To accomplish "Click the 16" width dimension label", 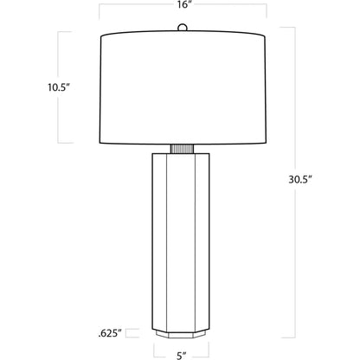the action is [x=183, y=5].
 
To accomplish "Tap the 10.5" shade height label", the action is [x=59, y=87].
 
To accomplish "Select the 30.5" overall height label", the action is [x=300, y=179].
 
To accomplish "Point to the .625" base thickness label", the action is [x=110, y=333].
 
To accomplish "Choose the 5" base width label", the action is [x=181, y=356].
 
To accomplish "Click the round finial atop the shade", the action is [x=183, y=28].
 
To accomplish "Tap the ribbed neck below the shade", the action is [x=182, y=149].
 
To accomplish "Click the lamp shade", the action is [x=183, y=87].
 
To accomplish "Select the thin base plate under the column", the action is [x=181, y=335].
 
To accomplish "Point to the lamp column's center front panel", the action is [x=181, y=243].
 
